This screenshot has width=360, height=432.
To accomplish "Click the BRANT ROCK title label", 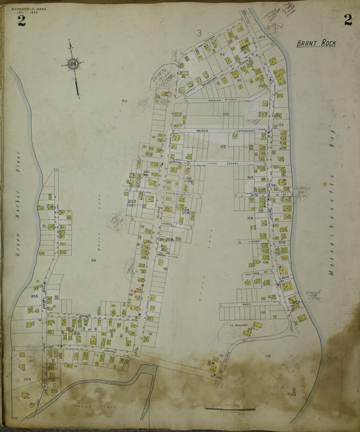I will coord(317,43).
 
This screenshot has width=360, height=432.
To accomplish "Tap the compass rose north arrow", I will coord(72,64).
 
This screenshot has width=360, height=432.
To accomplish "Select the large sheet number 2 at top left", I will coord(22,20).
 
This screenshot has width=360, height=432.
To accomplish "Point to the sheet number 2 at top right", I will coord(347,19).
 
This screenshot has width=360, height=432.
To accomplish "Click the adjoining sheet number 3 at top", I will coord(199,32).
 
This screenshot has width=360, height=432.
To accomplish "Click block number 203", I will coord(34,296).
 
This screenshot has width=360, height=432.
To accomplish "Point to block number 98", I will coord(94,260).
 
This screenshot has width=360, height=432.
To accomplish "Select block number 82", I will coord(124,101).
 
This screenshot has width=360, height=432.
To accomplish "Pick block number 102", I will coord(222,146).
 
